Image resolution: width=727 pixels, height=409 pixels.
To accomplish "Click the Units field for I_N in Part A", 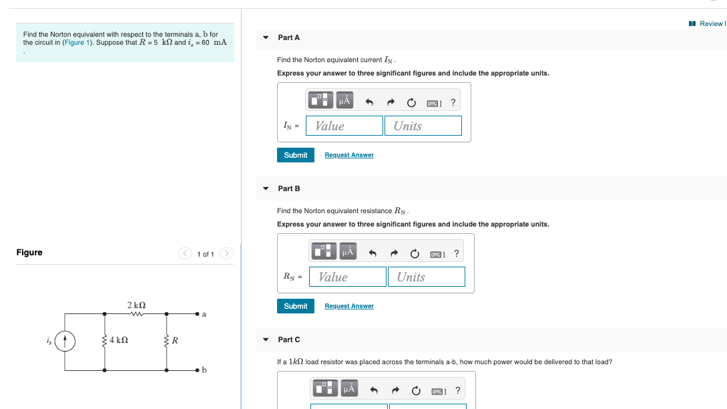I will [423, 126].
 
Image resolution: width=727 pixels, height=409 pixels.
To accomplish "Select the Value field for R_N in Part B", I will [348, 277].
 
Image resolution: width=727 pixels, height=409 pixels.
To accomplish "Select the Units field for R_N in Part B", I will [427, 277].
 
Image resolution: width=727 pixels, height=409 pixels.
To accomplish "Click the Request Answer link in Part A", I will [349, 155].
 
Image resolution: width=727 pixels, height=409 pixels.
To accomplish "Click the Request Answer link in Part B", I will [349, 306].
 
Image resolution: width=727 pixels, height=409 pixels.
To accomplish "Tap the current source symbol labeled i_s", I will [65, 341].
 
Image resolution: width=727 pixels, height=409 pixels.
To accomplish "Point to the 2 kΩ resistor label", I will [137, 305].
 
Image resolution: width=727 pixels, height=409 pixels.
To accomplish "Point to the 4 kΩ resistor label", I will [118, 341].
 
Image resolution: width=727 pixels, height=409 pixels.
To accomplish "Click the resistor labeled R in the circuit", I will [167, 341].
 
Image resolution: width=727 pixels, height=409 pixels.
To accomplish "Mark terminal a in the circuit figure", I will [198, 313].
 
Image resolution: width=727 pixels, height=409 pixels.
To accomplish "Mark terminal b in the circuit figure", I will [198, 370].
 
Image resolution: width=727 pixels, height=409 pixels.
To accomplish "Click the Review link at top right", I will [709, 23].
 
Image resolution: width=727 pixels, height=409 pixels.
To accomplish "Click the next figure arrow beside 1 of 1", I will [226, 253].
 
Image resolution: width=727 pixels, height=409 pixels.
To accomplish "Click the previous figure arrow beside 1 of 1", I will [185, 253].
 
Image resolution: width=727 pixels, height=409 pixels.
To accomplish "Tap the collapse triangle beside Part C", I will [266, 339].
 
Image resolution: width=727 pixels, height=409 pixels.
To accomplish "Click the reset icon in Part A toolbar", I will [411, 102].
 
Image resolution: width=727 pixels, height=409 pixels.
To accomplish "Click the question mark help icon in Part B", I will [457, 253].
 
